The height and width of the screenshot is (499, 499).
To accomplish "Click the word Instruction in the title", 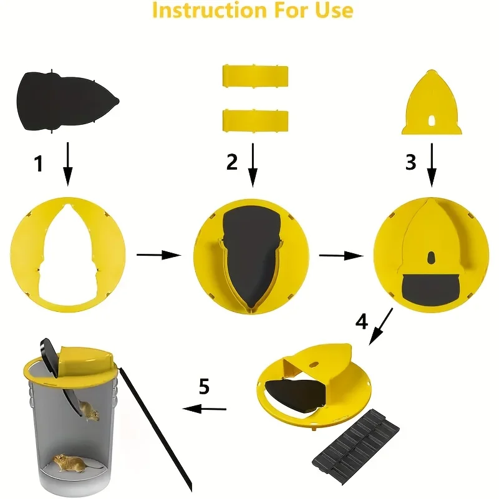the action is pos(209,10).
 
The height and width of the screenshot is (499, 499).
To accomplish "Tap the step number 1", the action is pos(39,163).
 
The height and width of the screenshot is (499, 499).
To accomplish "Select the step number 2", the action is pos(231,162).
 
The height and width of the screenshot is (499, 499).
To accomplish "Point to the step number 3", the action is pos(410,162).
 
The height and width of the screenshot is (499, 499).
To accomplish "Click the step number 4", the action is pos(362,321).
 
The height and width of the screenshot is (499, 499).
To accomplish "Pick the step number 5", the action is pos(205,386).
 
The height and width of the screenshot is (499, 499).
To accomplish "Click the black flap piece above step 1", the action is pos(68,101).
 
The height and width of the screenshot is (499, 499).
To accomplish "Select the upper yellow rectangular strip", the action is pos(256,76).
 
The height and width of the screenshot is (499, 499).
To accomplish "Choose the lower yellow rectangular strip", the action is pos(256,120).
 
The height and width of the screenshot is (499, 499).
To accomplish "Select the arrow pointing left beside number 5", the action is pos(205,409).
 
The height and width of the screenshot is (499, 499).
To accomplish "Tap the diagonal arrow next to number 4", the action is pos(381,326).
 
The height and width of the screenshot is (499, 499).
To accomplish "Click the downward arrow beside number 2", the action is pos(253,165).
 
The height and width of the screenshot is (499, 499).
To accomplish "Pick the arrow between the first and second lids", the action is pos(159,255).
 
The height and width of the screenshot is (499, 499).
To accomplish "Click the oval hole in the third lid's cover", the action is pos(431,258).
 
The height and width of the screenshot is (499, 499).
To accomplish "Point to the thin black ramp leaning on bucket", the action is pos(156,430).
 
